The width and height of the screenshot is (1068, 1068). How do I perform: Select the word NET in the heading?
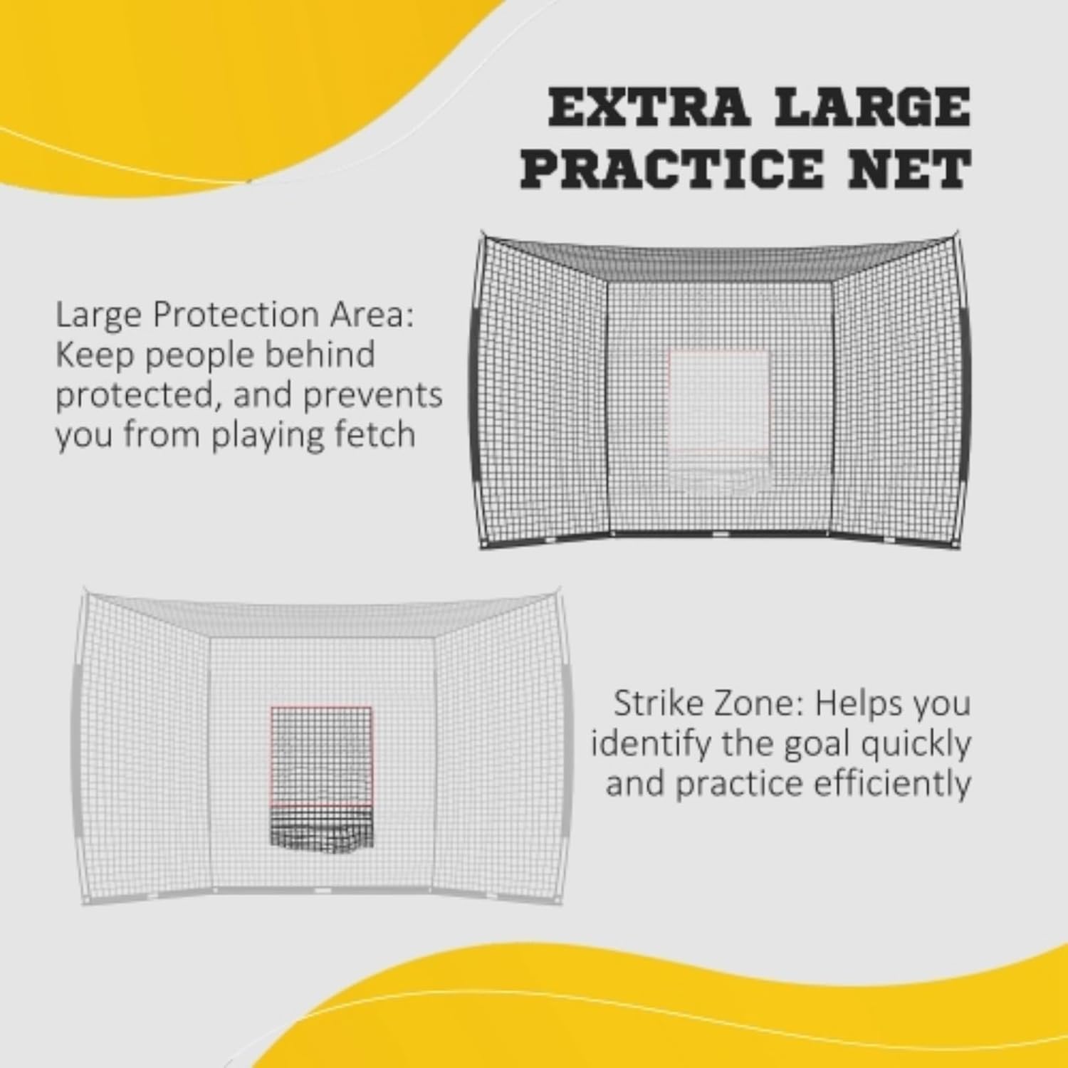[x=926, y=169]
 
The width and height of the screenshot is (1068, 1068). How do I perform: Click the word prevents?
[x=372, y=394]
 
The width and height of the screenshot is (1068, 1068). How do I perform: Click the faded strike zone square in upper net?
[x=719, y=401]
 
